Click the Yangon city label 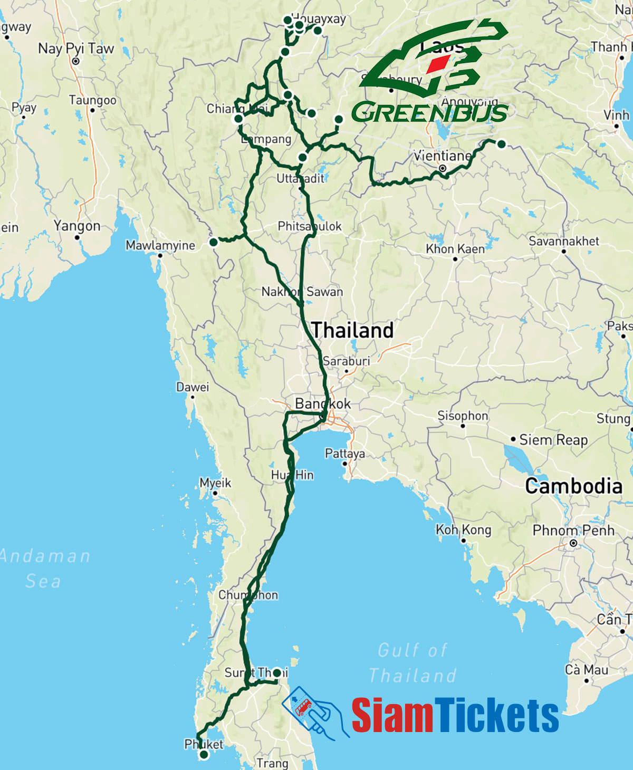[77, 226]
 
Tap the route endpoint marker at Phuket [204, 755]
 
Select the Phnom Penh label [573, 530]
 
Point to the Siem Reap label [553, 439]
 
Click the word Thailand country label [352, 330]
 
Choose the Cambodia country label [573, 486]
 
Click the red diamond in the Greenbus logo [437, 64]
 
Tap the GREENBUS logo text [429, 112]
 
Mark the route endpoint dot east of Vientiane [502, 144]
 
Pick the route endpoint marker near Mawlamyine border [213, 242]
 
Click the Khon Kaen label [455, 249]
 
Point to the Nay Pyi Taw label [76, 49]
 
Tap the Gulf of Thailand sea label [413, 662]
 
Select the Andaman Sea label [45, 568]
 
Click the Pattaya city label [344, 454]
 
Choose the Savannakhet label [564, 241]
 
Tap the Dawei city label [193, 387]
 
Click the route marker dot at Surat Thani [277, 673]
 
